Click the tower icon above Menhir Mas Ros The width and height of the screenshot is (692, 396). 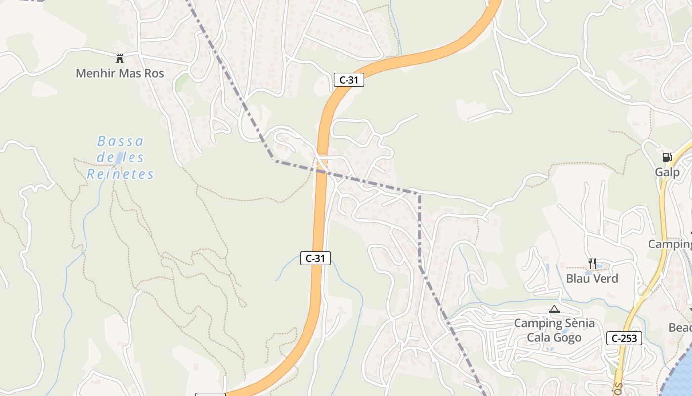tap(119, 59)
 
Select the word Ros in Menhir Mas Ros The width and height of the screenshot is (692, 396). tap(154, 74)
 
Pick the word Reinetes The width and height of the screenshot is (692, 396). tap(121, 174)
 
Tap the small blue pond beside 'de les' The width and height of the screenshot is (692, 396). tap(119, 158)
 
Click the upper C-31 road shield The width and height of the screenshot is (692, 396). tap(348, 80)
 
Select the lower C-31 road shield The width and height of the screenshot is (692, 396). tap(315, 258)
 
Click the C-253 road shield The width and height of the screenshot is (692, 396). tap(624, 338)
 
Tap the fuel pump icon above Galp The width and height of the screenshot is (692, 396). tap(667, 158)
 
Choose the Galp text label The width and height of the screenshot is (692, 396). tap(667, 172)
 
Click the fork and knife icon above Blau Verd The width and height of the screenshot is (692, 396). tap(592, 264)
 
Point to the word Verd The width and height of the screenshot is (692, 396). tap(605, 279)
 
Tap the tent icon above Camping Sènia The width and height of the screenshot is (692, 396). tap(554, 309)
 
